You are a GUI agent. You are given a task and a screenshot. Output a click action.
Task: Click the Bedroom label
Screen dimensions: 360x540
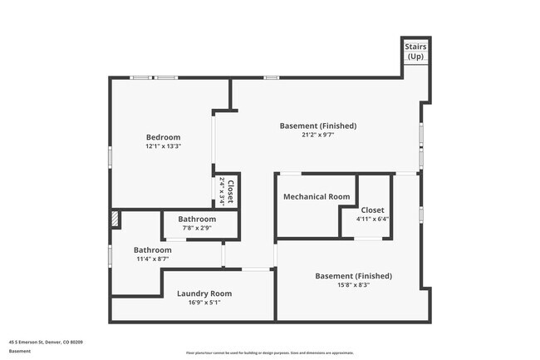point(163,137)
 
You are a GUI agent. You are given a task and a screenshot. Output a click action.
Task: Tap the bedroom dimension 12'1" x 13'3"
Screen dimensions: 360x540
point(163,146)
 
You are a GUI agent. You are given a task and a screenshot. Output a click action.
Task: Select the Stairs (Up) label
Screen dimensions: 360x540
point(415,52)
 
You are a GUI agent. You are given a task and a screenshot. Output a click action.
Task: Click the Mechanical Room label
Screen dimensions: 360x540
point(317,197)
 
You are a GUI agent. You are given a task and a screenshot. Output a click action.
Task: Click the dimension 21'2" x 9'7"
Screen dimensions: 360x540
point(317,136)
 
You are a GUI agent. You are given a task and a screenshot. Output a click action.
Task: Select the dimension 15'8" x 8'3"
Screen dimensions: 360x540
point(353,285)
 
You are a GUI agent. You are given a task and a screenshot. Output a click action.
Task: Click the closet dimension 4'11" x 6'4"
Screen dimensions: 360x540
point(372,219)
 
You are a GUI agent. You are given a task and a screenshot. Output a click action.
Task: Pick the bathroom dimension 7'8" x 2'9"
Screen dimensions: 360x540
point(197,228)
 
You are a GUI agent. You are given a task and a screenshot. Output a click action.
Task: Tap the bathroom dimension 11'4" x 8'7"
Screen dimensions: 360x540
point(153,259)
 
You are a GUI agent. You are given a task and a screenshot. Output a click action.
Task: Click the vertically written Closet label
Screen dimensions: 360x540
point(230,192)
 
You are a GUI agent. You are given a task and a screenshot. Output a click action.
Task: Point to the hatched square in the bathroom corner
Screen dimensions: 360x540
point(115,219)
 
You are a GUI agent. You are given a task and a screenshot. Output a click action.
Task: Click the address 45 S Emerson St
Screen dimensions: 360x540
point(46,342)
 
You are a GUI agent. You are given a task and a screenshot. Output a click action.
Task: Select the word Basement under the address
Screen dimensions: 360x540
point(20,351)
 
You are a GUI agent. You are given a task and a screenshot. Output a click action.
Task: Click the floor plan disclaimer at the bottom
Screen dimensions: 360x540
point(269,353)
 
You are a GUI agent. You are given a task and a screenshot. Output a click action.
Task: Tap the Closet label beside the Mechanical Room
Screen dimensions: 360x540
point(372,210)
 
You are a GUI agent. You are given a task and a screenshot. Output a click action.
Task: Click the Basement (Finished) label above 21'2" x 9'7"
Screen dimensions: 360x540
point(317,126)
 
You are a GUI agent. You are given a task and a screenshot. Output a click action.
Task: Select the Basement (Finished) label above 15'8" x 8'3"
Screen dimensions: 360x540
point(353,276)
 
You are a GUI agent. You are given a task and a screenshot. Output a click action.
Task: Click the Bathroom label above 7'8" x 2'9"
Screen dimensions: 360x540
point(197,219)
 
